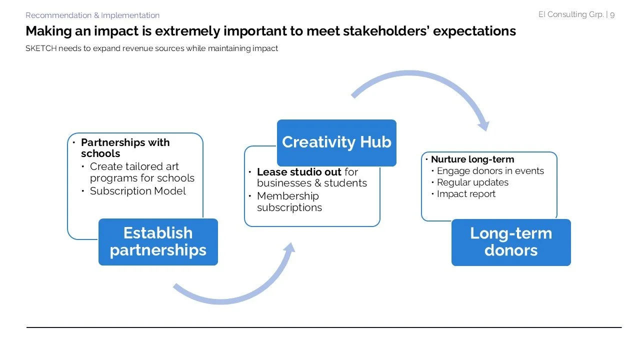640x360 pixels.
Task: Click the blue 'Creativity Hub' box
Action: pyautogui.click(x=336, y=142)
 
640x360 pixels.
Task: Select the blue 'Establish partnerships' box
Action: pyautogui.click(x=158, y=241)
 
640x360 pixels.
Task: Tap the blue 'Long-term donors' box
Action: pyautogui.click(x=510, y=242)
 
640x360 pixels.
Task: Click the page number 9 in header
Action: pyautogui.click(x=612, y=14)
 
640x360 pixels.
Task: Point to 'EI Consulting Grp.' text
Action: pyautogui.click(x=570, y=14)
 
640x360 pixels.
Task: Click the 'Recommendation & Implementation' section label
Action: pyautogui.click(x=92, y=15)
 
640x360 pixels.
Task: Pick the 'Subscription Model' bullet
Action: pyautogui.click(x=137, y=191)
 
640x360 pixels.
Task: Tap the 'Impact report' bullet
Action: pyautogui.click(x=466, y=194)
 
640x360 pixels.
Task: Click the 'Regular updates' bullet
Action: pyautogui.click(x=472, y=182)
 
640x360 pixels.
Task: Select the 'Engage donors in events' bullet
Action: pyautogui.click(x=490, y=171)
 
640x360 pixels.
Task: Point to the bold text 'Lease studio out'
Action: pyautogui.click(x=299, y=172)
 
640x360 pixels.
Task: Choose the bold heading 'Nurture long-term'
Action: pyautogui.click(x=472, y=159)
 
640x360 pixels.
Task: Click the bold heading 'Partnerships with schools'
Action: pyautogui.click(x=125, y=148)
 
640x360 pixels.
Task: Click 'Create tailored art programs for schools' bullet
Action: pyautogui.click(x=142, y=172)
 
